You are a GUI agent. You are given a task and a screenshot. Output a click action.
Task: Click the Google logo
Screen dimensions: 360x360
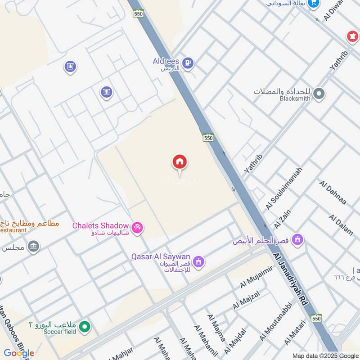pos(19,353)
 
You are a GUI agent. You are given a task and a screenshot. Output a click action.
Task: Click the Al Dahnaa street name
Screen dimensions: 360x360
pos(333,193)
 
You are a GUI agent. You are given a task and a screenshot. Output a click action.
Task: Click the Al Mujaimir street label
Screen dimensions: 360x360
pos(256,277)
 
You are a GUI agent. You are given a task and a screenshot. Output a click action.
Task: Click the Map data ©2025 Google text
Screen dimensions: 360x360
pos(324,355)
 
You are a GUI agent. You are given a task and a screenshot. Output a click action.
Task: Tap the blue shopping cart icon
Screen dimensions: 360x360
pos(314,4)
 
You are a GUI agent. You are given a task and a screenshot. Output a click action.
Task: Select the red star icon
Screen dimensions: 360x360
pos(351,36)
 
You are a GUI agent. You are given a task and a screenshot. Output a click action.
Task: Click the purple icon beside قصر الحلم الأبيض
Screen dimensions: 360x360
pos(297,240)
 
